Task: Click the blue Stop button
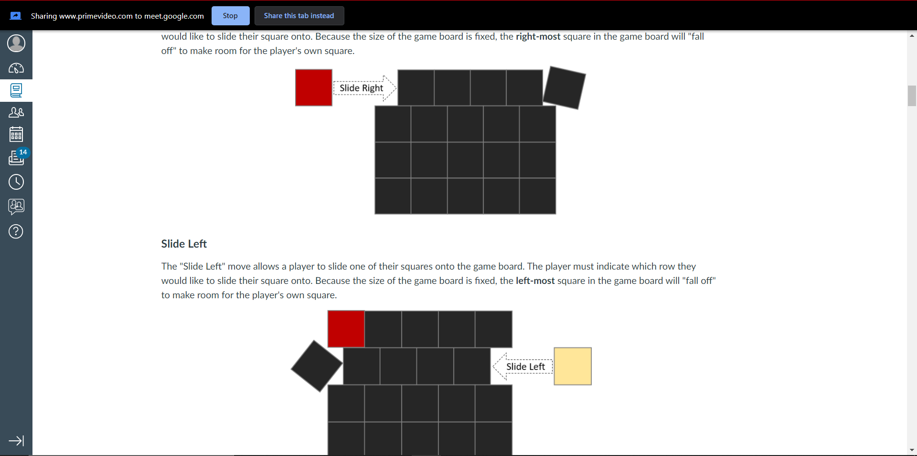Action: coord(230,16)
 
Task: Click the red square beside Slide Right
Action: coord(313,87)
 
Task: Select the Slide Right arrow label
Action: coord(362,88)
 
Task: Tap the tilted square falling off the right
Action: coord(564,87)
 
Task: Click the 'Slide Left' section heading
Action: coord(184,244)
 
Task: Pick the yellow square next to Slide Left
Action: coord(573,366)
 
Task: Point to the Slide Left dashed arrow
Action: coord(522,367)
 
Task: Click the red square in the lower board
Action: coord(346,329)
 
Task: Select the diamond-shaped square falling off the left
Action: coord(316,366)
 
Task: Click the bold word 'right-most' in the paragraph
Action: coord(538,37)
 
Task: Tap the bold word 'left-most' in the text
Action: coord(535,281)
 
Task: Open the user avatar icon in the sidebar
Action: coord(16,43)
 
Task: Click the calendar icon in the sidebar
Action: coord(16,134)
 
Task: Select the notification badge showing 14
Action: coord(23,152)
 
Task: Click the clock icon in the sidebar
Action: coord(16,182)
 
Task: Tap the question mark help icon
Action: coord(16,232)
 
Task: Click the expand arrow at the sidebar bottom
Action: coord(16,441)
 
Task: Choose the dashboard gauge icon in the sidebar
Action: coord(16,68)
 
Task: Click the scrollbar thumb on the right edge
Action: coord(912,96)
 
